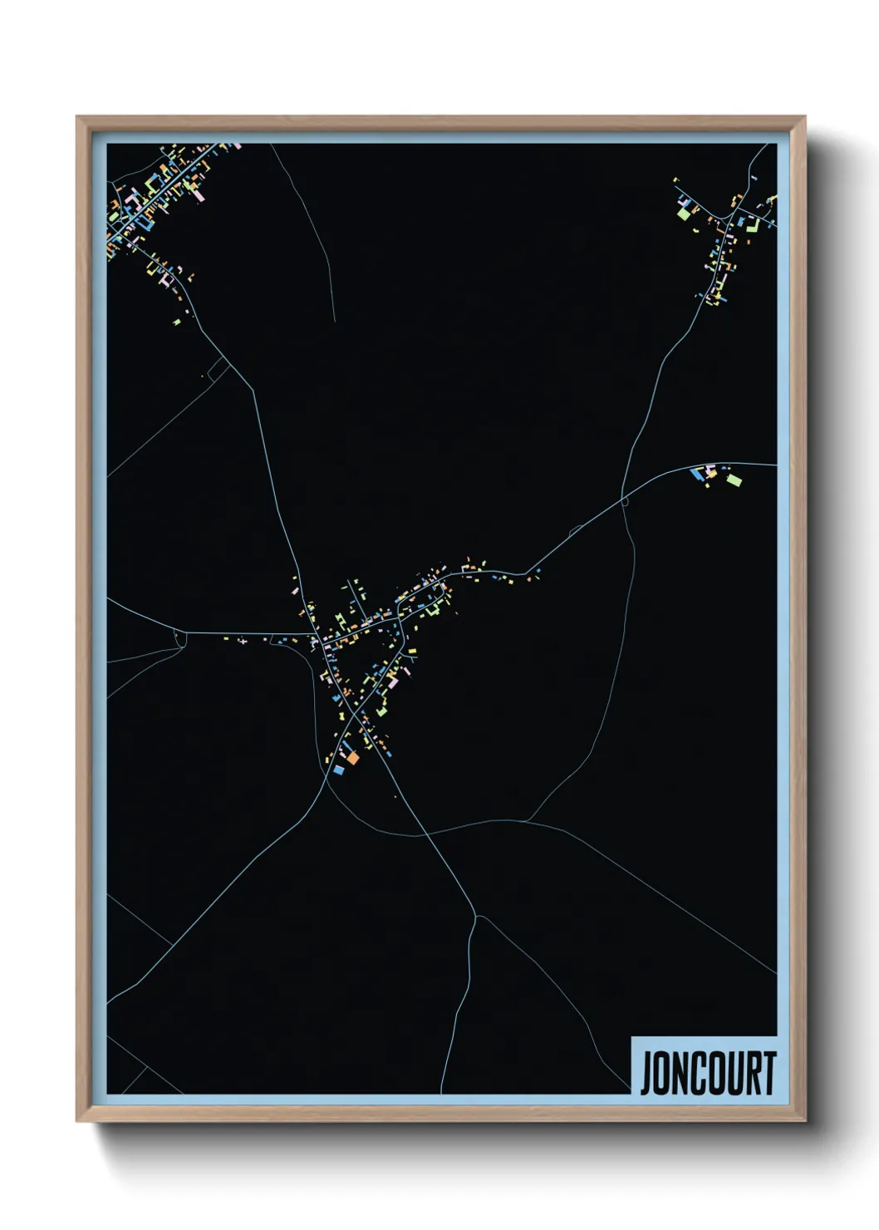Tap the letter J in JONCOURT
tap(646, 1073)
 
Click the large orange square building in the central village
tap(352, 757)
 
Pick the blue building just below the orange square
tap(338, 770)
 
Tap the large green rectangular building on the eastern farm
tap(734, 479)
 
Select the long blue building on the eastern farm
tap(696, 474)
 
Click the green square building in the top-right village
tap(684, 214)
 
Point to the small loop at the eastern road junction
tap(625, 501)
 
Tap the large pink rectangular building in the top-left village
tap(199, 196)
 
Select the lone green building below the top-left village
tap(177, 321)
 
